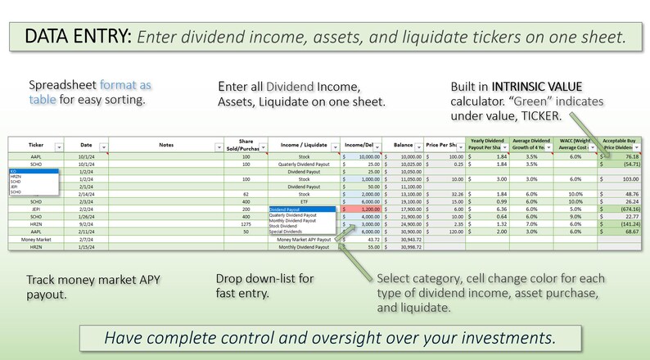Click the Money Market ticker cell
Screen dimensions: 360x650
tap(36, 238)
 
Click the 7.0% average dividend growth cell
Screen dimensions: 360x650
tap(530, 223)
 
